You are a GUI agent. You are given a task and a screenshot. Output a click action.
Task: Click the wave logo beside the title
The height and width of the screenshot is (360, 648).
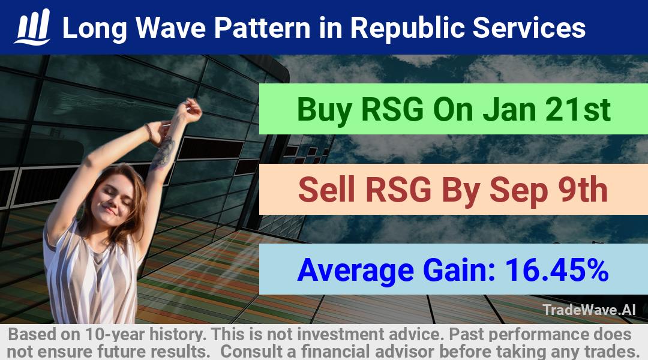coord(32,27)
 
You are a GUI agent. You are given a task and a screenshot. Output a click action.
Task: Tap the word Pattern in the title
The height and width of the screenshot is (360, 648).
coord(262,28)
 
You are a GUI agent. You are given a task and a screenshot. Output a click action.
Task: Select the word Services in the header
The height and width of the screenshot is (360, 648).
coord(529,28)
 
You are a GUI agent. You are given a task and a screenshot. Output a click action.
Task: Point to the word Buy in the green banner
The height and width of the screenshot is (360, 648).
coord(325,110)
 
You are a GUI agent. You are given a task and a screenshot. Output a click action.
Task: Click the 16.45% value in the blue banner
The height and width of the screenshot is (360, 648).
coord(557,270)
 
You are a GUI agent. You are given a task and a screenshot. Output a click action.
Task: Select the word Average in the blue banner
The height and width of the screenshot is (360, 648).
coord(355,271)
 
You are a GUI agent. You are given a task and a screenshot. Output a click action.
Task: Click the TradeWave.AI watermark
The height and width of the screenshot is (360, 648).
coord(589,310)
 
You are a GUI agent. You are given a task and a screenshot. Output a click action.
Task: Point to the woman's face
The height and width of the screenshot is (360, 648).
coord(112,201)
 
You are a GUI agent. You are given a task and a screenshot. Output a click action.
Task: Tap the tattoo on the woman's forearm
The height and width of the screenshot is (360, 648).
coord(163,154)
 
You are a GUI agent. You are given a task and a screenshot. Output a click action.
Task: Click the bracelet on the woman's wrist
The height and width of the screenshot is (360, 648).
coord(149,132)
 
